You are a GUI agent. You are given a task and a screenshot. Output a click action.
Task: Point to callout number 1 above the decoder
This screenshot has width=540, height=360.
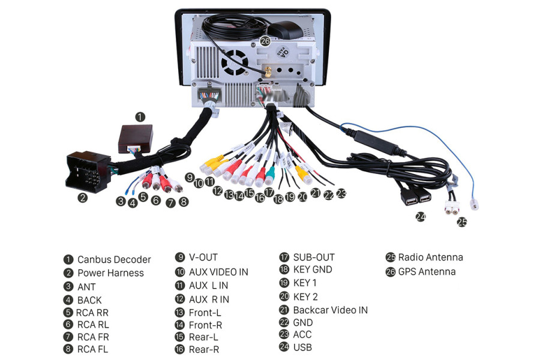point(139,116)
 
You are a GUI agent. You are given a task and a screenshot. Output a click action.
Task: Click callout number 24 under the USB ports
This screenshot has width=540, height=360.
point(420,217)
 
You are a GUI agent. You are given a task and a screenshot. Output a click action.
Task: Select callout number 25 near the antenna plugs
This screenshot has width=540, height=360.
point(461,222)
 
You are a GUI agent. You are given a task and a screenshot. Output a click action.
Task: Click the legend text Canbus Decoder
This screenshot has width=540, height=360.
point(114,260)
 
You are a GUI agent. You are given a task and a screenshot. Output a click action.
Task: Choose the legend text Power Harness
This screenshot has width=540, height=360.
point(110,273)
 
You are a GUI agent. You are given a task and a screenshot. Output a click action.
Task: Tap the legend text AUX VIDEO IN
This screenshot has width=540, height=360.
point(218,272)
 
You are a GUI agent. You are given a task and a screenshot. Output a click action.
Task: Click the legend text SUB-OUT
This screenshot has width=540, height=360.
point(314,257)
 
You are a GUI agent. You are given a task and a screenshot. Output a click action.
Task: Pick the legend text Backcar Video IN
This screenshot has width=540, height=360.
point(330,310)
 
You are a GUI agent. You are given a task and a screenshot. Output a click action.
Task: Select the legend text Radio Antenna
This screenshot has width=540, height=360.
point(430,257)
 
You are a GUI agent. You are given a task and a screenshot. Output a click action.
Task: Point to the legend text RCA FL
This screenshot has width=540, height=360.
point(92,349)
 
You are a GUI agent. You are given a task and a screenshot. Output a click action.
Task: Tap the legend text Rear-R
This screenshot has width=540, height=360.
point(203,349)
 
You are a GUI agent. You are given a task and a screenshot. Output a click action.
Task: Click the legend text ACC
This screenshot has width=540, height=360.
point(302,334)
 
